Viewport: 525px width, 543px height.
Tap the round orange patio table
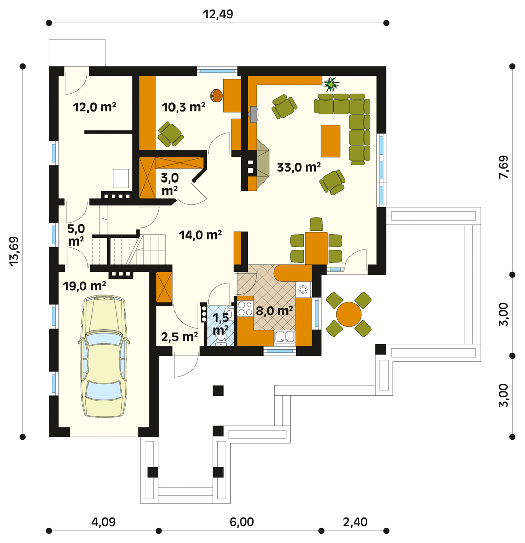click(x=348, y=314)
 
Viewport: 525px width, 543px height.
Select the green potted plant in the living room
click(x=331, y=84)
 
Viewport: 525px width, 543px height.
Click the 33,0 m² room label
click(x=299, y=167)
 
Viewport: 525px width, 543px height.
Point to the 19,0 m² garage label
click(x=84, y=286)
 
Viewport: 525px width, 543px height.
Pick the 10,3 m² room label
click(x=183, y=107)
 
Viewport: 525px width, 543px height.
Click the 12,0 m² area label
click(x=94, y=107)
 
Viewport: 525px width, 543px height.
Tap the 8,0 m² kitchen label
click(x=275, y=311)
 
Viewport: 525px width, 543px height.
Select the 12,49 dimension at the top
click(x=218, y=14)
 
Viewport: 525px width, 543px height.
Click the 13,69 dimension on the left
click(x=14, y=251)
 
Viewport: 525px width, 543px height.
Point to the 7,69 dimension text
click(x=504, y=167)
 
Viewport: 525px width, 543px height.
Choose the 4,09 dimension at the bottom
click(x=103, y=522)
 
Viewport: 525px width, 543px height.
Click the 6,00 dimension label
click(x=242, y=522)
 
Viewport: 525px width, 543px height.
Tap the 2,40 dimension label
click(x=356, y=522)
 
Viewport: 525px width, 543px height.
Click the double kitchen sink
click(x=284, y=337)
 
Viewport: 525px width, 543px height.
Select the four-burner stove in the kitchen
click(x=245, y=308)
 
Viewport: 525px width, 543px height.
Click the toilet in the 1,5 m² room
click(x=220, y=340)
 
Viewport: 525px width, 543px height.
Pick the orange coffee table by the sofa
click(x=330, y=141)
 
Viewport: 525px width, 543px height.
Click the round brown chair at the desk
click(x=216, y=96)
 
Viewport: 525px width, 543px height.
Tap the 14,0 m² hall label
click(x=200, y=235)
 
